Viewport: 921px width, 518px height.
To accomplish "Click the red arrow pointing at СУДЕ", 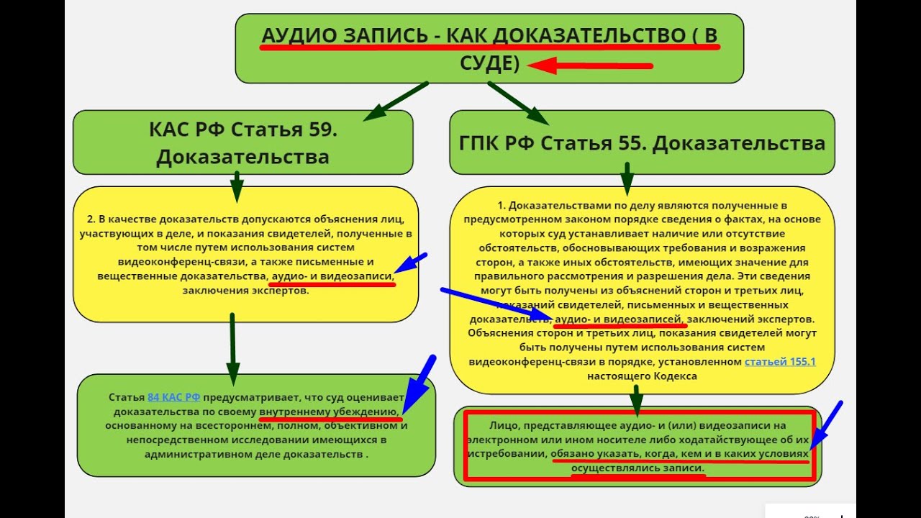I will pos(590,66).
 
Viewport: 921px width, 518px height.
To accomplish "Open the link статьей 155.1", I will pos(780,362).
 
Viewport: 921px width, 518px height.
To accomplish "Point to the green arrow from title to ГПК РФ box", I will pos(518,102).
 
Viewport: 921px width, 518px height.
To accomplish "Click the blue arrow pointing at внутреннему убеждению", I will pos(418,383).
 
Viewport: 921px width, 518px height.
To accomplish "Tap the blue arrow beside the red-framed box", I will pos(825,426).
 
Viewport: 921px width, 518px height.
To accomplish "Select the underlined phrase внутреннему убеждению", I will pos(330,412).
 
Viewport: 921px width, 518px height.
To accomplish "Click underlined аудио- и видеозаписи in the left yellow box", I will pos(331,276).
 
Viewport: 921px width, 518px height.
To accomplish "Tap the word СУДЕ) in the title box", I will pos(489,63).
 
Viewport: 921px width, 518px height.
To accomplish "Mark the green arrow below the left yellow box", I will pos(232,349).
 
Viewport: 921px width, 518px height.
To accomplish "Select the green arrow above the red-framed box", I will pos(636,398).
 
